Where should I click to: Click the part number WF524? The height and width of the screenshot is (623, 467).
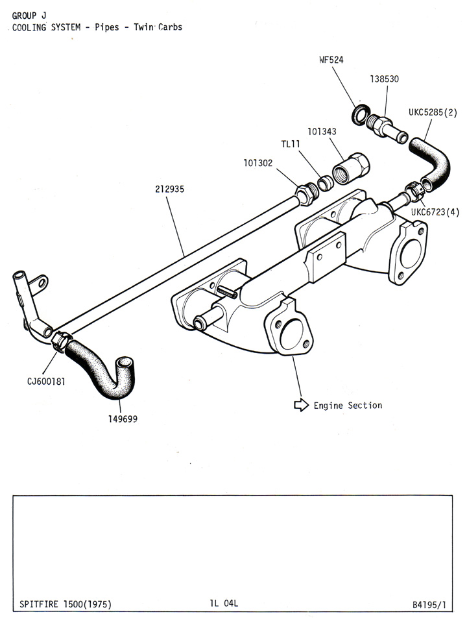[x=331, y=60]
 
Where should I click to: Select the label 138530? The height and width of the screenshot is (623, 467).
[x=385, y=79]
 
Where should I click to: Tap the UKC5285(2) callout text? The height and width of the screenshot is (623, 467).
[x=433, y=112]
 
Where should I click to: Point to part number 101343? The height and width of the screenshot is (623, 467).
[x=322, y=132]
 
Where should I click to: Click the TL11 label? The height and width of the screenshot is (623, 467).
[x=291, y=144]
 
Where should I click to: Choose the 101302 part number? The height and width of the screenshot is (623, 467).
[x=258, y=163]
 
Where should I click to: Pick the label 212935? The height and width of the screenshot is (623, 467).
[x=169, y=189]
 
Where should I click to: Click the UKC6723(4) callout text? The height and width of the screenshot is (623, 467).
[x=435, y=212]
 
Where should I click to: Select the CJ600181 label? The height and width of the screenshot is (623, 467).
[x=46, y=382]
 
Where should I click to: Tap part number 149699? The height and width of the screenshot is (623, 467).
[x=123, y=419]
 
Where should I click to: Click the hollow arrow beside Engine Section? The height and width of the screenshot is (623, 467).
[x=301, y=405]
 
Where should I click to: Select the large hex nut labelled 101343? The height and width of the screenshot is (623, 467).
[x=352, y=169]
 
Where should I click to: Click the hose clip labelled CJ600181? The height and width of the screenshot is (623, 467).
[x=62, y=341]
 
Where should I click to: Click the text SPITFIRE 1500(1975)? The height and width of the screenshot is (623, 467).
[x=66, y=604]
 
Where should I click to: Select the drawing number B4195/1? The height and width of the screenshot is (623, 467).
[x=429, y=605]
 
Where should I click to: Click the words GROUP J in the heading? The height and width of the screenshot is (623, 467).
[x=29, y=16]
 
